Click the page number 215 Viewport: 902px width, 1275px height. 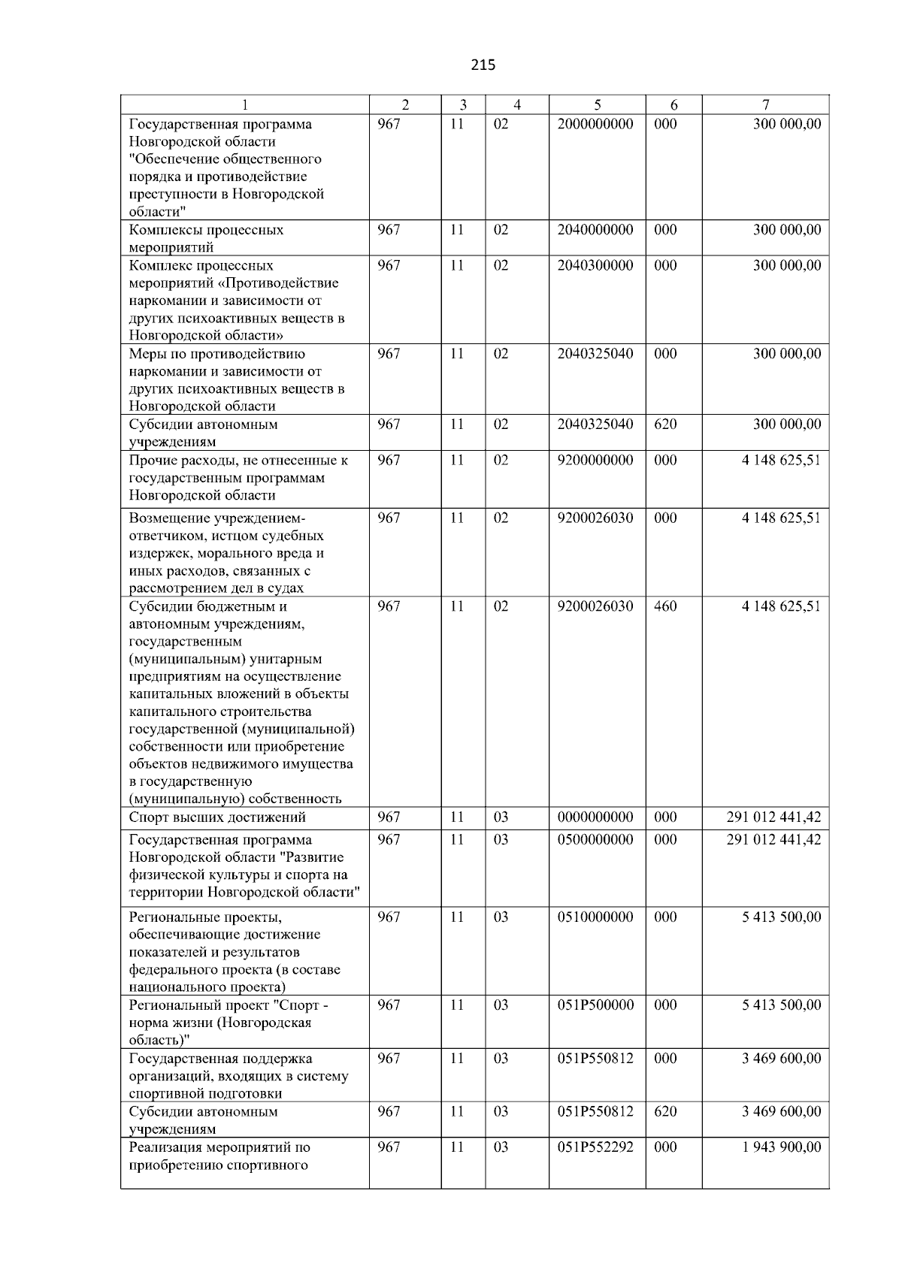(483, 65)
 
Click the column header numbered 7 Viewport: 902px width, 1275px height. (765, 105)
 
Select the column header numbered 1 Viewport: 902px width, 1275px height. (245, 105)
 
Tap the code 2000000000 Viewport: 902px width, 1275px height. (595, 124)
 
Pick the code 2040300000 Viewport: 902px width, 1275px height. (595, 265)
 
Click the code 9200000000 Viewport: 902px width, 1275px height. (595, 460)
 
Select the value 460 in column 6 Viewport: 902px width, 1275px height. (665, 606)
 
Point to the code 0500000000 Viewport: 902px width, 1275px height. (595, 839)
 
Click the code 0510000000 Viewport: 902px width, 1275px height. (595, 917)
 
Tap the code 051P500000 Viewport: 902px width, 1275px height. (595, 1005)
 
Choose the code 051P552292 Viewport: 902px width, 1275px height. (595, 1147)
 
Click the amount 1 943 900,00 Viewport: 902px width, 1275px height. (781, 1147)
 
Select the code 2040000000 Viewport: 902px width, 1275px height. (595, 230)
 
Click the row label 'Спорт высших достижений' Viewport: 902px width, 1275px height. (217, 817)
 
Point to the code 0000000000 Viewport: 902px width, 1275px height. (595, 817)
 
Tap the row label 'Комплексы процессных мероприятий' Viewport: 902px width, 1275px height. (206, 238)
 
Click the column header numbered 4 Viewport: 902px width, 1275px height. (516, 105)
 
